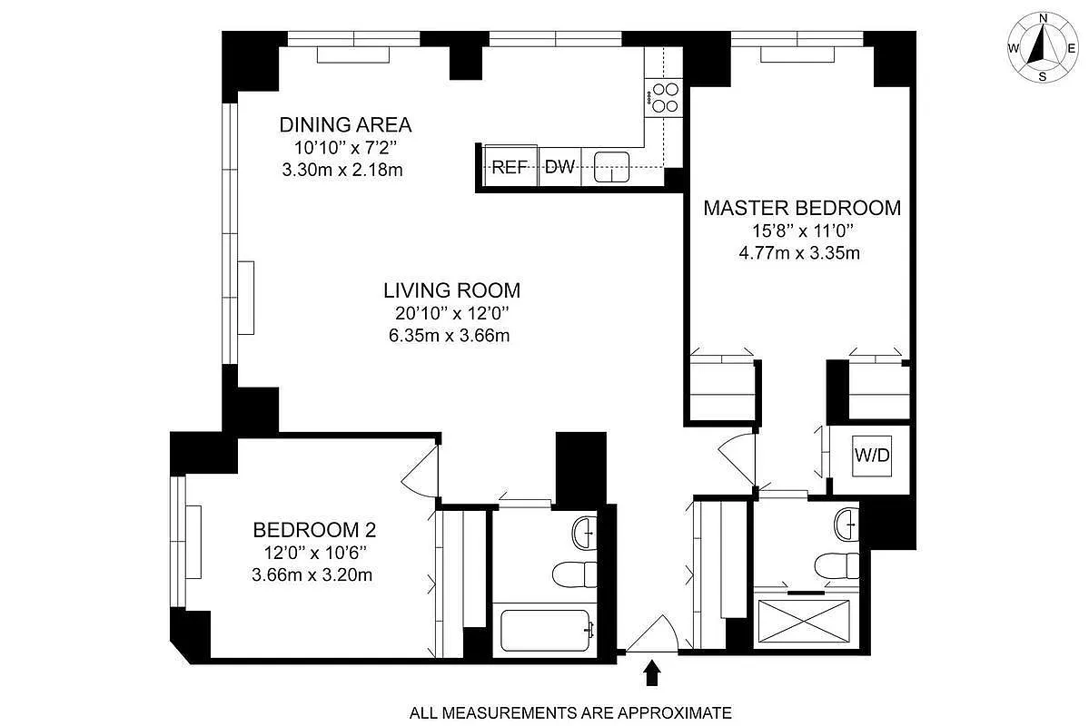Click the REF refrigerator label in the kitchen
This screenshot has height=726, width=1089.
[510, 167]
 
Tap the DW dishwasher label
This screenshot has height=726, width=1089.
[560, 167]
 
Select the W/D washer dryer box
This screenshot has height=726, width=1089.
[870, 456]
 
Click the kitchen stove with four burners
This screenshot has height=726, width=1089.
[664, 97]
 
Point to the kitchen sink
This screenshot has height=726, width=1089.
[612, 167]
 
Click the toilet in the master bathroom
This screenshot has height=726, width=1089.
[837, 565]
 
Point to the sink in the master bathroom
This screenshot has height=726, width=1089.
[847, 522]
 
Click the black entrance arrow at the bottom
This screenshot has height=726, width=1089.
[651, 672]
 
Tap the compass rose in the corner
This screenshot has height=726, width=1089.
[1043, 48]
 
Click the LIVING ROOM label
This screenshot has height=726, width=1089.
[451, 290]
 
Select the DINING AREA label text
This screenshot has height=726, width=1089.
[345, 124]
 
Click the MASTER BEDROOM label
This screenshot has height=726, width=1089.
[802, 208]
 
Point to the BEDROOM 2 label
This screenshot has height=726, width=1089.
[314, 529]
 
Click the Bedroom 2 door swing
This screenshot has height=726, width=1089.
[420, 472]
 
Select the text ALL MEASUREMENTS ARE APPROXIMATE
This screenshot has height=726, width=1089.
[570, 712]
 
